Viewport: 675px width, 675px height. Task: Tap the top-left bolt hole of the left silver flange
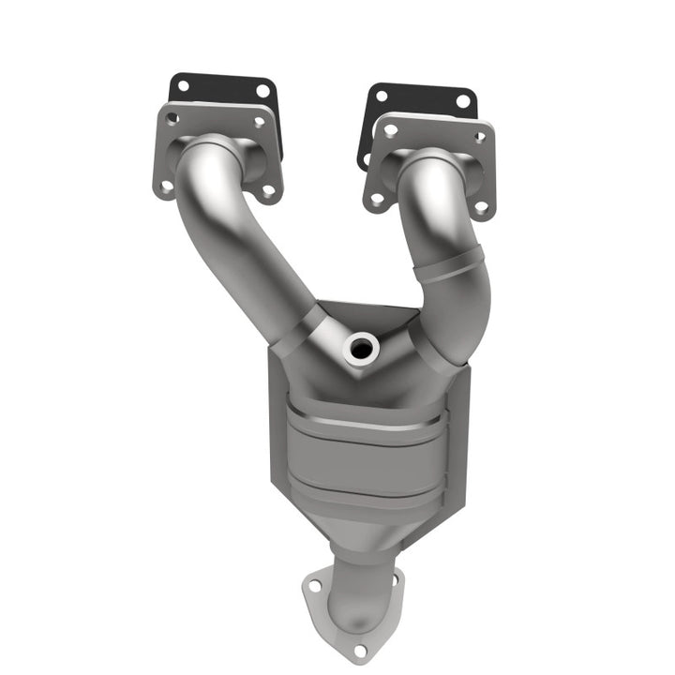click(172, 119)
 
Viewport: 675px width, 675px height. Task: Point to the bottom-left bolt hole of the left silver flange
click(167, 185)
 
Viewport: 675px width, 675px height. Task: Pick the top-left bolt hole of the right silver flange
click(390, 130)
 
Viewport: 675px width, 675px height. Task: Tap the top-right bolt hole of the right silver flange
click(479, 137)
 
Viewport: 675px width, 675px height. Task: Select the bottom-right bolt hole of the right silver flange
click(481, 206)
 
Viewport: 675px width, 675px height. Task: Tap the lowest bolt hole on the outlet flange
click(359, 649)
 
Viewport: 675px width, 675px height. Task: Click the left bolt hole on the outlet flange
click(315, 585)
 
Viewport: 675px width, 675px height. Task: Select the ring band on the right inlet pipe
click(450, 267)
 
